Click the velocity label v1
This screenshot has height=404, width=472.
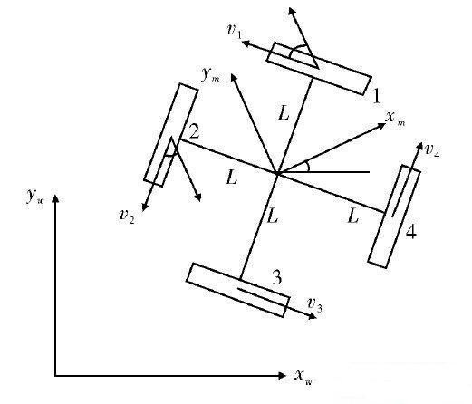(235, 31)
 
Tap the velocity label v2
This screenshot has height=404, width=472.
(127, 216)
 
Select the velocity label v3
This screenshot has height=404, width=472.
(314, 304)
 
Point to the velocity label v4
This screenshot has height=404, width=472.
(432, 150)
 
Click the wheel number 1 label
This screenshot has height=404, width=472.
(376, 97)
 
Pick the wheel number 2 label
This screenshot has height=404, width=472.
(195, 131)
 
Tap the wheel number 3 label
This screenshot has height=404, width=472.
(277, 277)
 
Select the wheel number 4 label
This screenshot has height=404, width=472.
(411, 232)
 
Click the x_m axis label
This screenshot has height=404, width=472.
(395, 118)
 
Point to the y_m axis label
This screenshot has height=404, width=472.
(210, 74)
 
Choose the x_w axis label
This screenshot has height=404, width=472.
(303, 377)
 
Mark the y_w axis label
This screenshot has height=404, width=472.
(35, 197)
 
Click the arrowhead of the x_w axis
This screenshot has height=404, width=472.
(282, 376)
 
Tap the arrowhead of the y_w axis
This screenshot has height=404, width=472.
(55, 198)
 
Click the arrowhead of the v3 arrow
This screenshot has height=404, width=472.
(313, 316)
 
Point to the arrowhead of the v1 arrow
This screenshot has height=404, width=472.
(246, 43)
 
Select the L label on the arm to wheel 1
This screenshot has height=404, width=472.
(284, 113)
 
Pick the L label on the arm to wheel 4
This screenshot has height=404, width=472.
(352, 216)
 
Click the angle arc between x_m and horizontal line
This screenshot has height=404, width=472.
(308, 167)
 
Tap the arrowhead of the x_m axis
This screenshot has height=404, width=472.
(382, 125)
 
